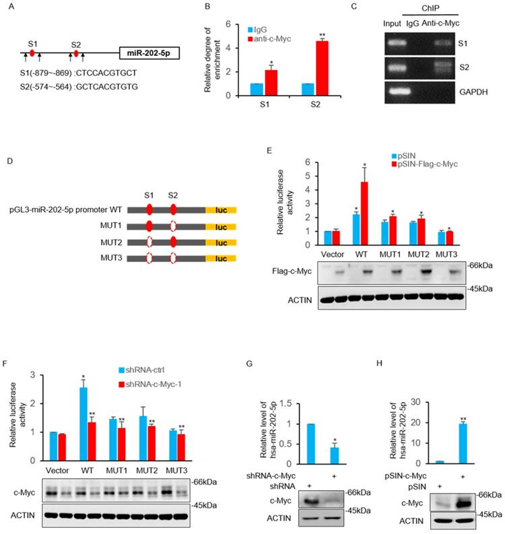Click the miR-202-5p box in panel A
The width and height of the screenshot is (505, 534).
[x=149, y=53]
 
